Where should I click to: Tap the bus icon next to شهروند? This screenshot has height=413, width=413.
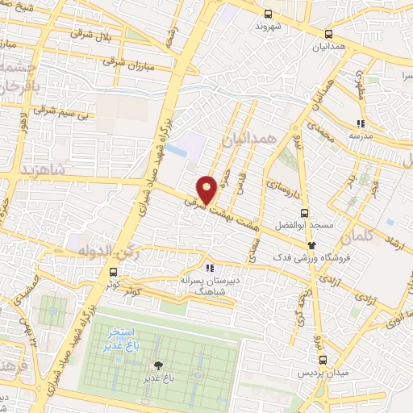pyautogui.click(x=269, y=13)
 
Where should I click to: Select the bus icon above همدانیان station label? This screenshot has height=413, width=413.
pyautogui.click(x=327, y=34)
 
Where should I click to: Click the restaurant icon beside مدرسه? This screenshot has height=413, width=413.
pyautogui.click(x=361, y=123)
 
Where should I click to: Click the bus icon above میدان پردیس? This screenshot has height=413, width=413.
pyautogui.click(x=322, y=361)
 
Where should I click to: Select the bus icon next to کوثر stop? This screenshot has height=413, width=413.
pyautogui.click(x=112, y=272)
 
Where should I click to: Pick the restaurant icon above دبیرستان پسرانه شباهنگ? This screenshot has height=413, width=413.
pyautogui.click(x=209, y=268)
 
